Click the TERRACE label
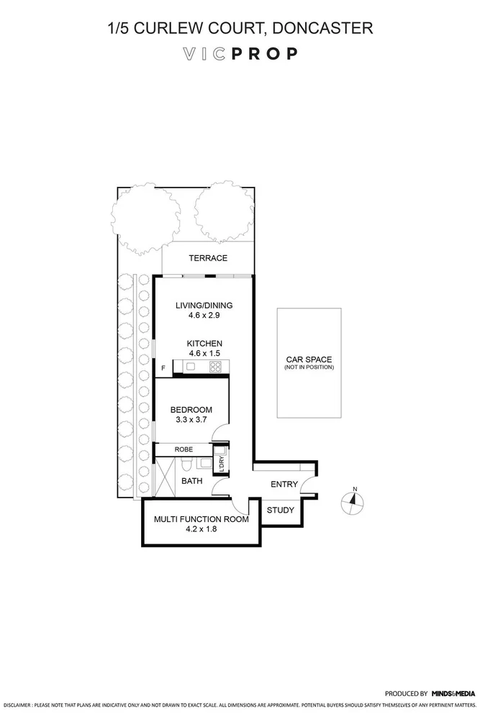click(207, 258)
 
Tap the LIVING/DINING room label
click(204, 305)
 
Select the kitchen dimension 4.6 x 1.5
click(204, 354)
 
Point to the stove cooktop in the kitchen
click(215, 367)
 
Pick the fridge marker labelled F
click(163, 369)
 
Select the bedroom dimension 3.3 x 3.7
click(189, 419)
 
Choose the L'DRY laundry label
click(222, 462)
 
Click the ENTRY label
click(284, 484)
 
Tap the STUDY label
click(280, 510)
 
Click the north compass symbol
click(353, 501)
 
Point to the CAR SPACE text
click(309, 359)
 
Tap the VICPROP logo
click(240, 54)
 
